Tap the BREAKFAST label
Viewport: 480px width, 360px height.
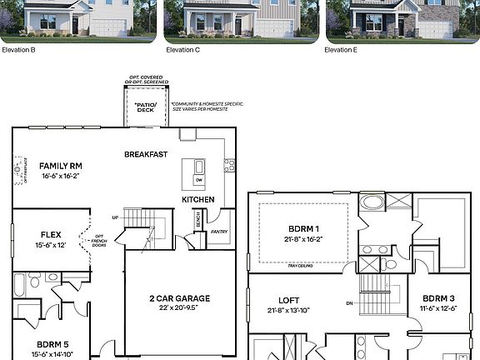tap(146, 154)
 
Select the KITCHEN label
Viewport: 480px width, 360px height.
tap(198, 200)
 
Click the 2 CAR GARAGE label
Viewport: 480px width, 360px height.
tap(180, 298)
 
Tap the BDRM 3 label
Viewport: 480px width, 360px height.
tap(437, 298)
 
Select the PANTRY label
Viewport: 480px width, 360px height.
tap(218, 231)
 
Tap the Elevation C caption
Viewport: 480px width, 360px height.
tap(183, 50)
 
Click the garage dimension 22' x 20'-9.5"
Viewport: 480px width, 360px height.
tap(180, 308)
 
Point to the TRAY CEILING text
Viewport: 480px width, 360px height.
tap(300, 266)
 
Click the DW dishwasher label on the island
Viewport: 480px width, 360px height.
tap(198, 179)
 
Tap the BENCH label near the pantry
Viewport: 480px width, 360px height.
tap(197, 221)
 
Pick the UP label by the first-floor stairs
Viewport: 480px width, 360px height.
tap(115, 218)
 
